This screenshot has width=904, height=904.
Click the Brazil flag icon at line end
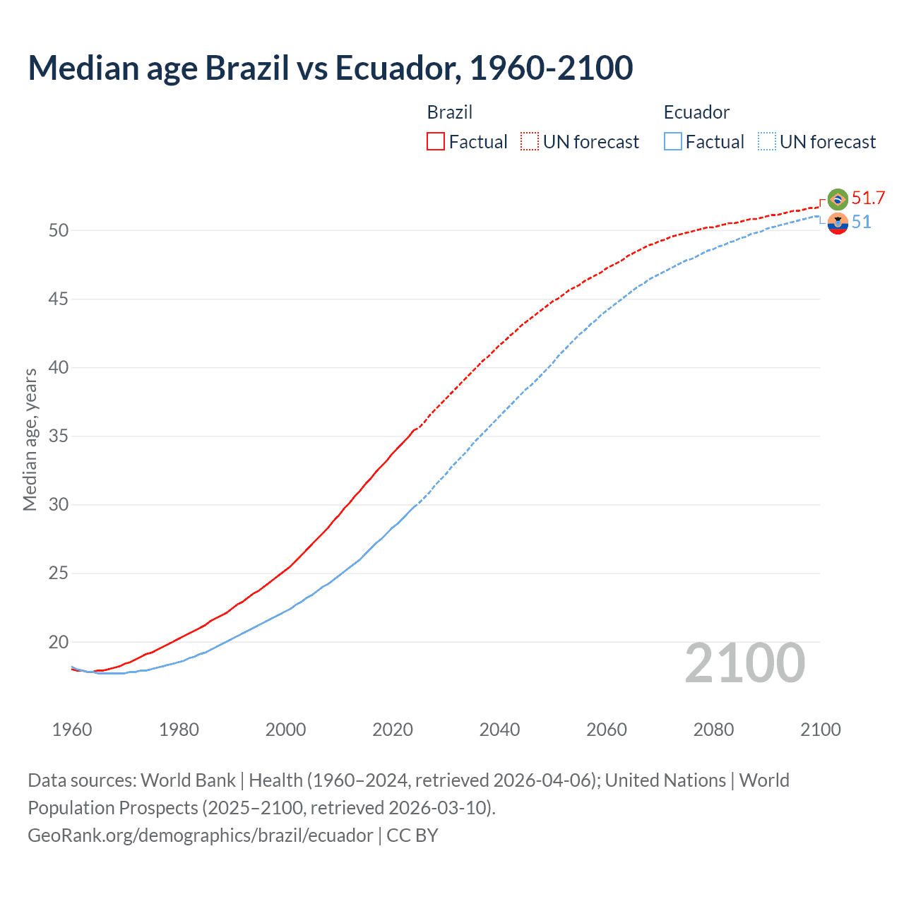838,199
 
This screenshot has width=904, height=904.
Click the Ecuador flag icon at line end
838,223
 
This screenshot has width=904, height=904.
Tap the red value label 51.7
868,198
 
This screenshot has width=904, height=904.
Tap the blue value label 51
862,222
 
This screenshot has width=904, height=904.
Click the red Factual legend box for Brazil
436,142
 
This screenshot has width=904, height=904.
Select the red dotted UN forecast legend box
530,142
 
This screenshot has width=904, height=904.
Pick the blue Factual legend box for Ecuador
673,142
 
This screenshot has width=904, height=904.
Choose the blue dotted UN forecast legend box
766,142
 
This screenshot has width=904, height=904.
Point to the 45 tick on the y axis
59,299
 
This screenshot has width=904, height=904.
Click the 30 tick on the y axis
59,505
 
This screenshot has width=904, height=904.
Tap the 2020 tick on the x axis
393,730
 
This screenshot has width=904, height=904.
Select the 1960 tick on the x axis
72,730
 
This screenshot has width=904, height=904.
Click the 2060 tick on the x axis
607,730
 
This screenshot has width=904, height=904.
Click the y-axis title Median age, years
30,439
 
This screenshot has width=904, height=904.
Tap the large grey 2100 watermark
745,663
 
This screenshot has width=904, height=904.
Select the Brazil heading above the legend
450,112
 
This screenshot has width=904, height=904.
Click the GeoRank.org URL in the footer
200,835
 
